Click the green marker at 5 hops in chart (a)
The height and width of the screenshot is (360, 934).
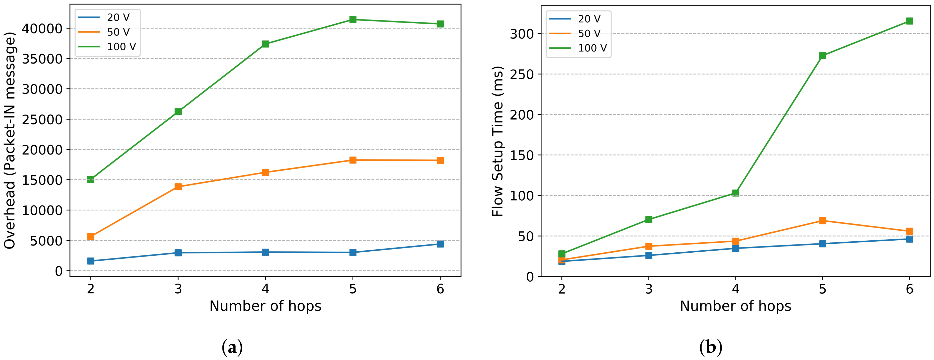click(x=353, y=19)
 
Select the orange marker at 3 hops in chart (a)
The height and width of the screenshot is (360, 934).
click(x=178, y=187)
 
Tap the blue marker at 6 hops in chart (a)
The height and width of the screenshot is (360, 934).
click(x=440, y=244)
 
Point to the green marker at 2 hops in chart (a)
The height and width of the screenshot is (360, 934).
click(x=91, y=179)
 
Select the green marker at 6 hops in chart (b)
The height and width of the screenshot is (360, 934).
click(x=909, y=21)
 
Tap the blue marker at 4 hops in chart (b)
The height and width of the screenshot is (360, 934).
click(x=736, y=248)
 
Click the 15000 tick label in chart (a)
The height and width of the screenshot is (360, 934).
click(x=42, y=180)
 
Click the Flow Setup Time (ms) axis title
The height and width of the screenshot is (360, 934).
click(x=498, y=141)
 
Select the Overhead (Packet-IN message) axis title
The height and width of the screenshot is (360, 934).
click(x=10, y=141)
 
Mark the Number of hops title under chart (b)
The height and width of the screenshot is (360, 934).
click(x=735, y=306)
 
